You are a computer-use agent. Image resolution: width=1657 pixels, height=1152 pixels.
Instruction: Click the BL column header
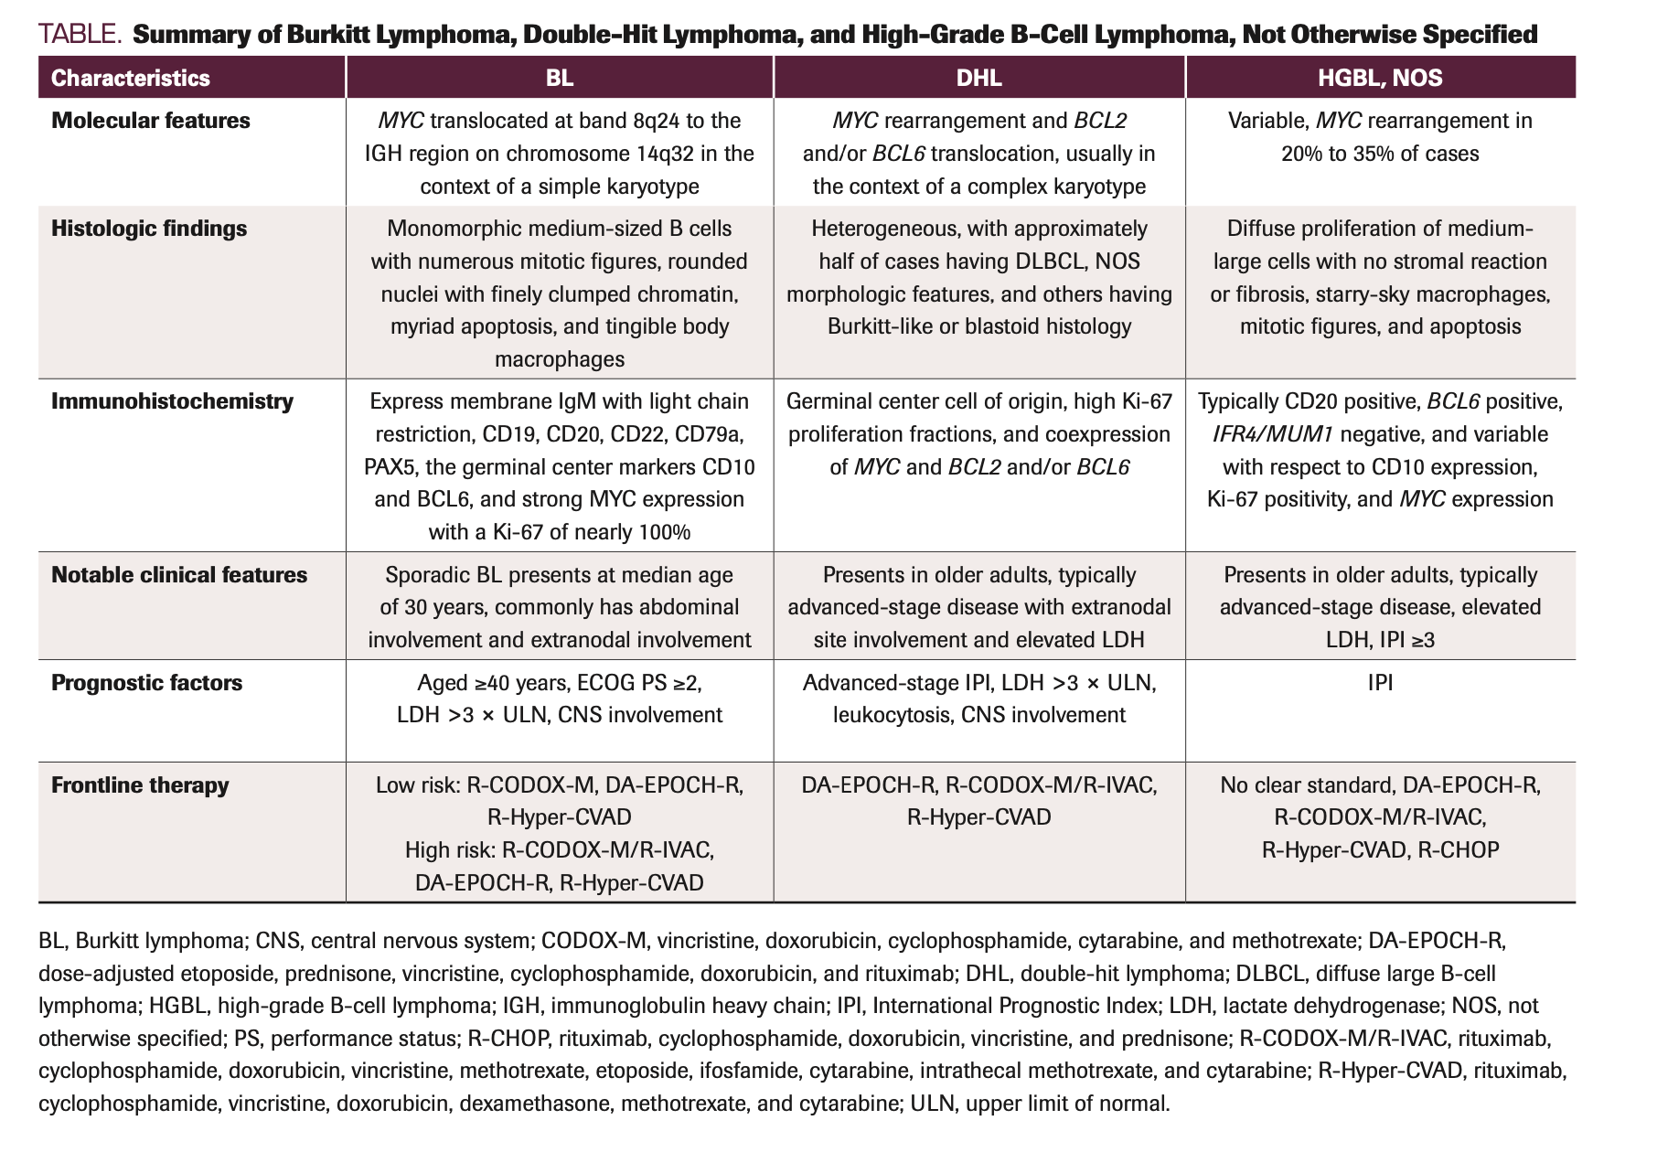560,78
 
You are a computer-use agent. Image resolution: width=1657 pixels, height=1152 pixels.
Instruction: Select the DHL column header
978,78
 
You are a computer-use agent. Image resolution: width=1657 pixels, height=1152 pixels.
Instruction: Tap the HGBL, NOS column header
1380,78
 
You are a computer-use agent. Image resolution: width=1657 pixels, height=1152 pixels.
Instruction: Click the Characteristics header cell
131,78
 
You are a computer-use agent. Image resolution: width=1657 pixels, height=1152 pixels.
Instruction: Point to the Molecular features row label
151,121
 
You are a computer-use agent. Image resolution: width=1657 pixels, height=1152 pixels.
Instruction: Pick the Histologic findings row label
149,229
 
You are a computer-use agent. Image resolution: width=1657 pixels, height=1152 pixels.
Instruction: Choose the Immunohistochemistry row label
172,401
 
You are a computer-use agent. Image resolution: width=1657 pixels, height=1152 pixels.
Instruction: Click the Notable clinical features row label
179,575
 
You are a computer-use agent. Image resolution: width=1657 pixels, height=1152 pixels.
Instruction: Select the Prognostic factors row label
146,683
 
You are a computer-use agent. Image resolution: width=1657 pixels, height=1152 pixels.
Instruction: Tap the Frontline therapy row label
140,785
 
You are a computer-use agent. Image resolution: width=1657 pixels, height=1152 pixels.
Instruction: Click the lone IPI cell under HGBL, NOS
1380,683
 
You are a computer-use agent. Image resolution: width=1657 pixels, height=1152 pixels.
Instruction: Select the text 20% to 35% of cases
1380,154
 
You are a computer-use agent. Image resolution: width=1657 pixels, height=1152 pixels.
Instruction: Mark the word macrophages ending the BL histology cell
560,359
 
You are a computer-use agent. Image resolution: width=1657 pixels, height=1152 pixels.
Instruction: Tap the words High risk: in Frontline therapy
450,850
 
